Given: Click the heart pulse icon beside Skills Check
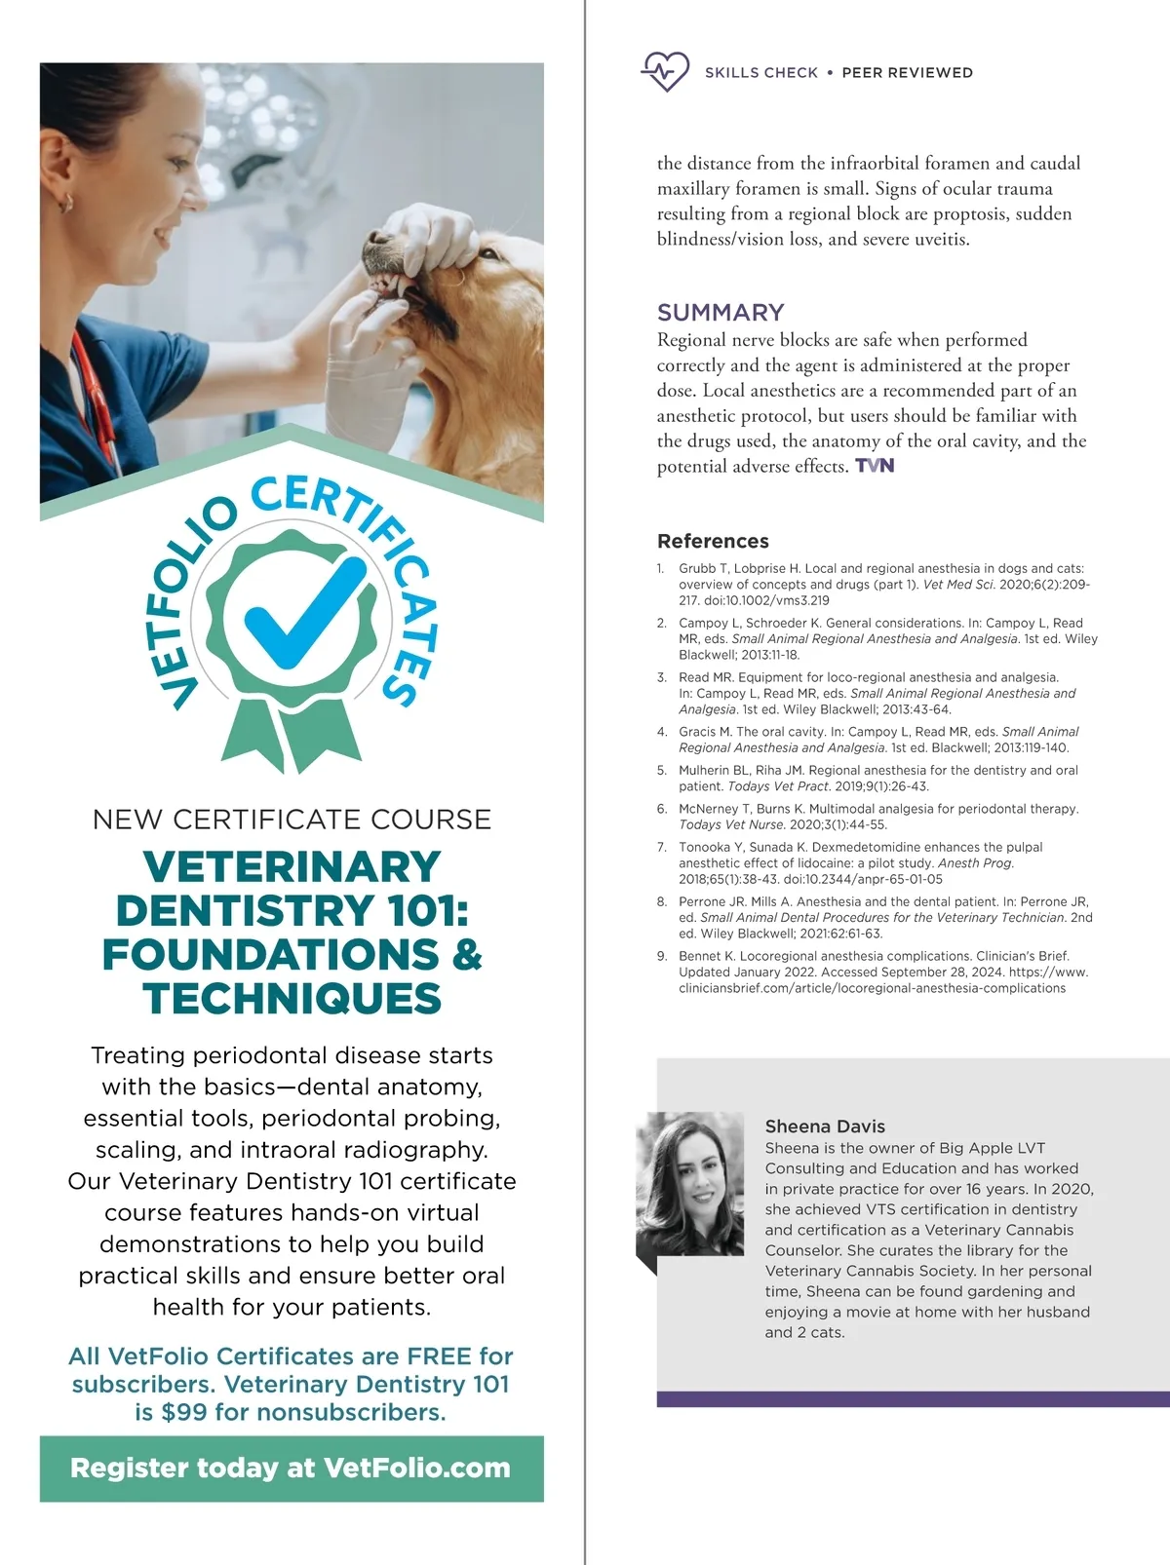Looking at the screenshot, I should coord(665,71).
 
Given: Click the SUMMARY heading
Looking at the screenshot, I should coord(721,312).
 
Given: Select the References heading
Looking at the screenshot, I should coord(713,541).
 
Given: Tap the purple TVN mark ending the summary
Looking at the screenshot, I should coord(875,466).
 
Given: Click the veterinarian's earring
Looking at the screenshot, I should coord(66,203).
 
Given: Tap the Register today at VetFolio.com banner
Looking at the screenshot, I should coord(291,1468).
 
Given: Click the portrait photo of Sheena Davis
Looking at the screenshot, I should coord(689,1183).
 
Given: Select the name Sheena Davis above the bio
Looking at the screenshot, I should coord(825,1126).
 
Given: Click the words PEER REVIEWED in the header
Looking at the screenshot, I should coord(907,72).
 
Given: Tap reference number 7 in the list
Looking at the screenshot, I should coord(662,848).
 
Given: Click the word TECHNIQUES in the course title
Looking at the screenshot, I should coord(292,999).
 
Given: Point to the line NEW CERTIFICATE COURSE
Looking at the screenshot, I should coord(292,820).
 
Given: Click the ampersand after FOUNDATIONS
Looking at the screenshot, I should coord(467,955).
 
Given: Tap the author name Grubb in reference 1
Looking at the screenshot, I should coord(696,568).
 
